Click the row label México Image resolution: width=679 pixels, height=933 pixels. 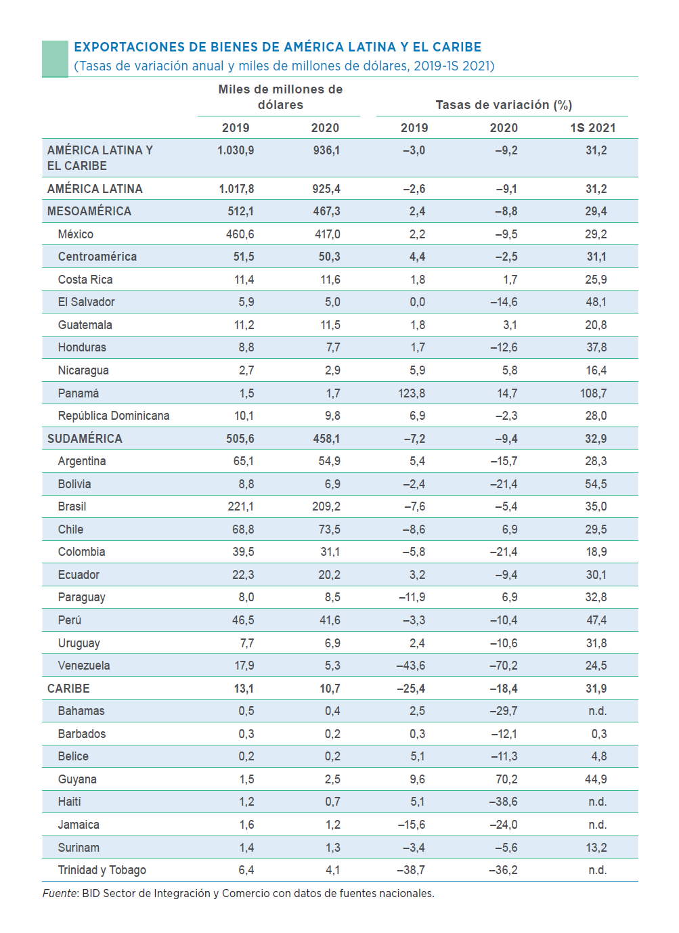point(76,234)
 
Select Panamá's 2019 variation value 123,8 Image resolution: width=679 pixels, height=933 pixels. point(412,393)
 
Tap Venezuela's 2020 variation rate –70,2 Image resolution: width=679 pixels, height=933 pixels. point(503,666)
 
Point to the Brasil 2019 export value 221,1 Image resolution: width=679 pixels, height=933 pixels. point(240,506)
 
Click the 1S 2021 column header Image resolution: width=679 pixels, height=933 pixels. point(592,128)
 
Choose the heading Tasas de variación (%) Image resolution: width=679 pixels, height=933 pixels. point(504,105)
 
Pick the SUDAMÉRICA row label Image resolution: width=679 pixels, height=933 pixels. point(85,439)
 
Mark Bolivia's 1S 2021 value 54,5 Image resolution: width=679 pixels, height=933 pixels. point(596,484)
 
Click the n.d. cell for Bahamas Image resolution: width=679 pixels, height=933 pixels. point(597,711)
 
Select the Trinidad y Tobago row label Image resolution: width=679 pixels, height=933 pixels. point(102,870)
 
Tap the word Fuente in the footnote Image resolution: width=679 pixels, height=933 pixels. point(60,894)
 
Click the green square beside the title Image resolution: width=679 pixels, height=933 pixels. point(55,58)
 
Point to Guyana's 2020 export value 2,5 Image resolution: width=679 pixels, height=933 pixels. point(332,779)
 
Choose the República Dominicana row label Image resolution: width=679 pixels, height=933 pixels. point(114,416)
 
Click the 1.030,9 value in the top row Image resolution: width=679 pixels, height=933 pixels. point(236,150)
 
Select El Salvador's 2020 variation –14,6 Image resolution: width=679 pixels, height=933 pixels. point(504,302)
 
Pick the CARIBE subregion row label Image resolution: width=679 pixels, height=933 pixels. point(68,689)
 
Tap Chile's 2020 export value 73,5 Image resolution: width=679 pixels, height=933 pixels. point(330,529)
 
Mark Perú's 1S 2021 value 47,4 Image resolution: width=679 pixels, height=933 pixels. point(596,620)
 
